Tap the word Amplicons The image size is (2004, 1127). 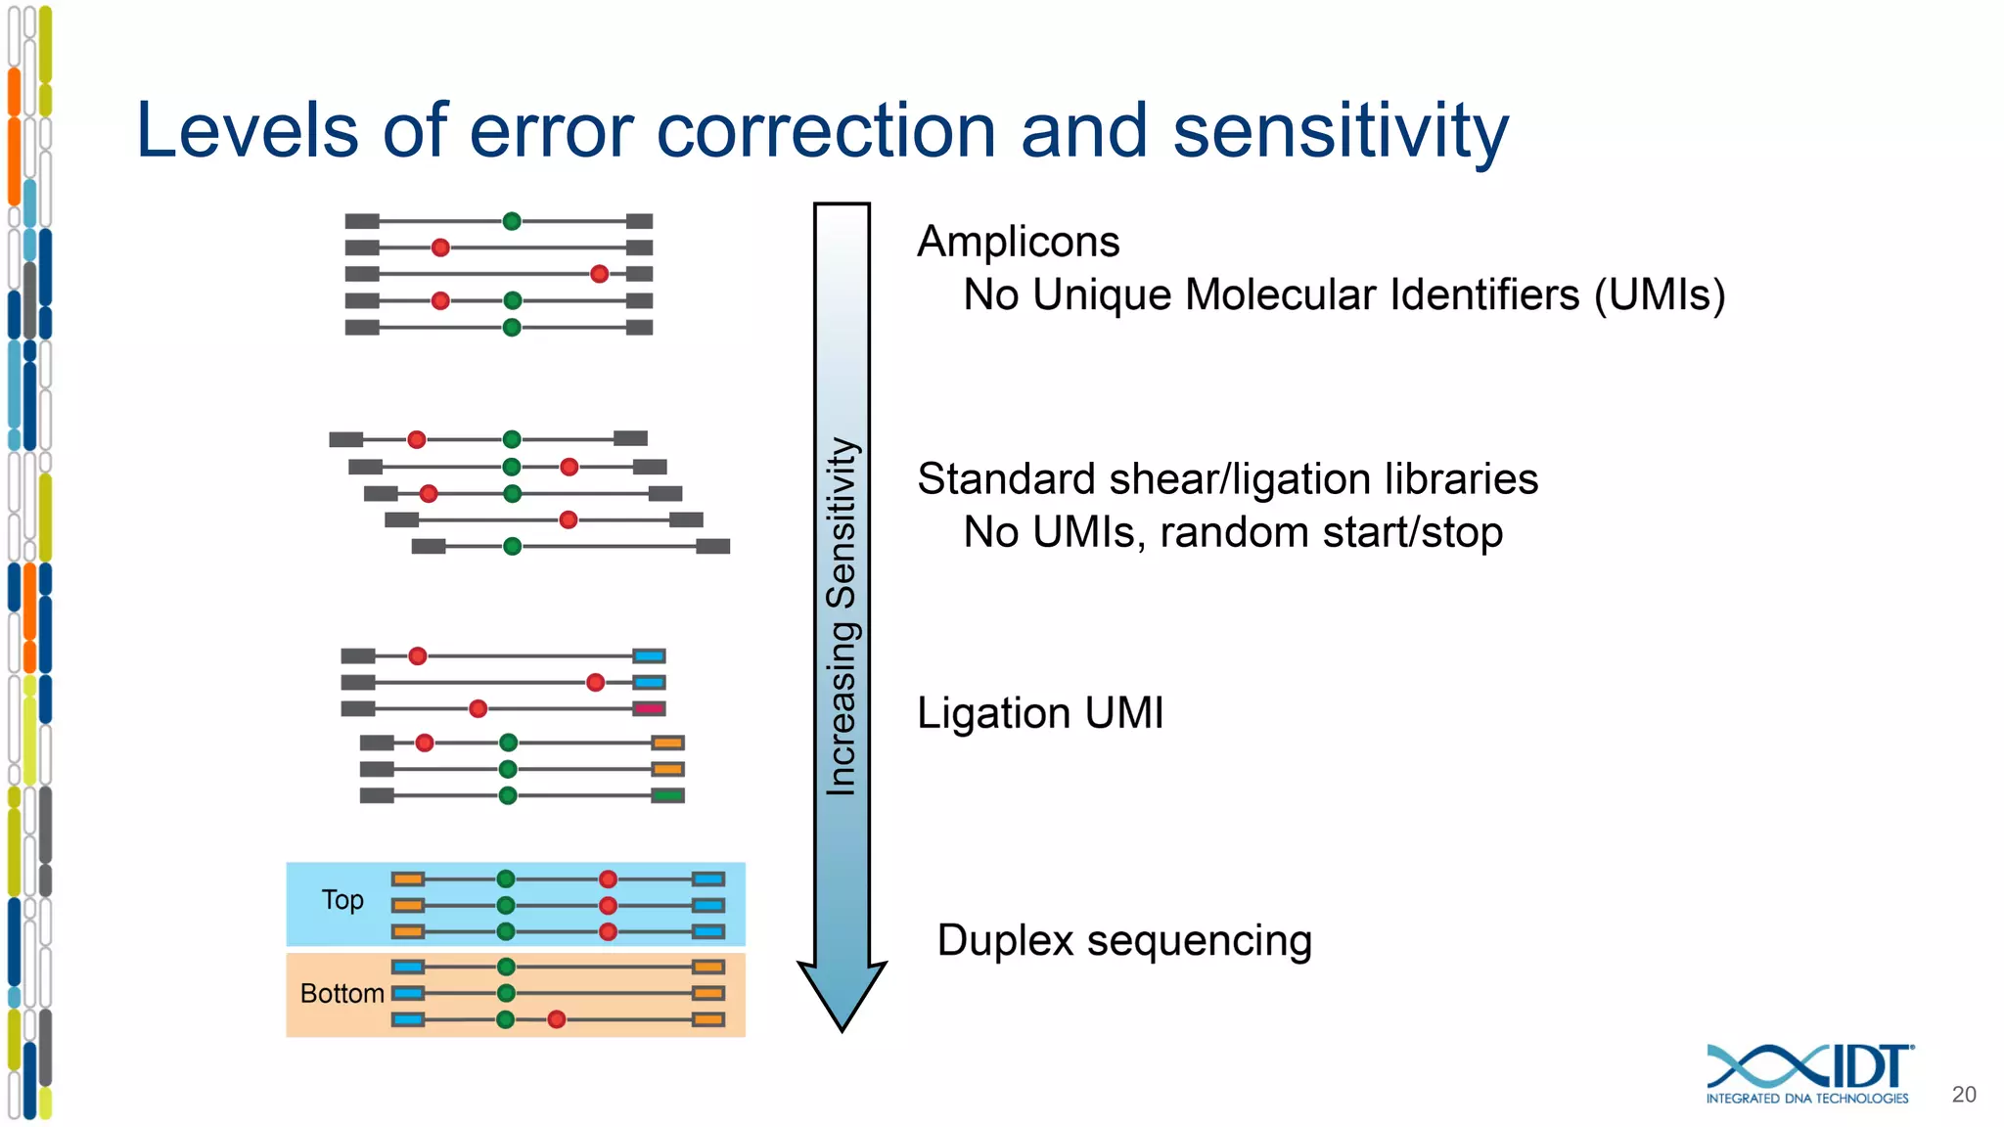coord(1018,242)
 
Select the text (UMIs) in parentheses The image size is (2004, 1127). coord(1660,294)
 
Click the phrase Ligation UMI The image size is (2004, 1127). coord(1040,712)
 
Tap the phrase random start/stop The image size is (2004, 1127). coord(1331,533)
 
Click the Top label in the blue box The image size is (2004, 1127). coord(342,900)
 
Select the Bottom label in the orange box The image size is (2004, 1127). coord(342,994)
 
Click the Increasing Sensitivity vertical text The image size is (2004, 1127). coord(842,616)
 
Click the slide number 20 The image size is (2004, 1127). coord(1963,1095)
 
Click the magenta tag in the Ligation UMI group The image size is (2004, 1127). coord(649,708)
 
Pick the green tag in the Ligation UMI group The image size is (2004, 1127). coord(667,795)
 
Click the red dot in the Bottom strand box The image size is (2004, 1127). coord(557,1020)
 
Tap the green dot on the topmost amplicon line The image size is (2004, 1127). coord(512,221)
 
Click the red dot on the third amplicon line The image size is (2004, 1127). coord(600,274)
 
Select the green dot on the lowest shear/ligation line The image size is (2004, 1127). coord(512,546)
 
